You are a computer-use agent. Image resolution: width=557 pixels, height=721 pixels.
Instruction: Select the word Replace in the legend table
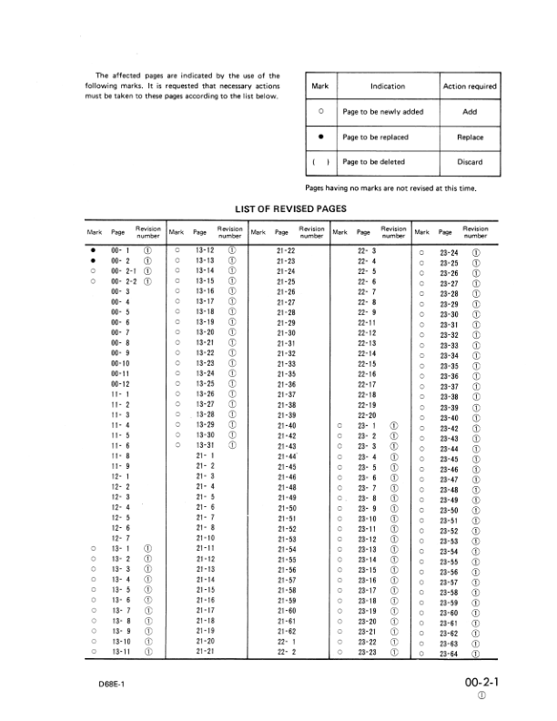(470, 137)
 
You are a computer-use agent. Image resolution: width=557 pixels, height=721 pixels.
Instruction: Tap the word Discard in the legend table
(470, 163)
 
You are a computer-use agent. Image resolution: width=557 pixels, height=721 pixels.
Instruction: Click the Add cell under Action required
(470, 111)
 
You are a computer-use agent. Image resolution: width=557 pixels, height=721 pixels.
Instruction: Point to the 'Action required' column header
(470, 86)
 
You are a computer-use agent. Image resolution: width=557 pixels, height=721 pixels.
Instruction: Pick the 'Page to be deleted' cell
(375, 163)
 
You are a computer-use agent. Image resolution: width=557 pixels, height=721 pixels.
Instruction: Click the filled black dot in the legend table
(320, 137)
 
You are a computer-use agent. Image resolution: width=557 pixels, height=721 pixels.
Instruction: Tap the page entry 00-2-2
(123, 281)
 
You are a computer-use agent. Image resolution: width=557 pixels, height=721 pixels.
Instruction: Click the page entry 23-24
(449, 252)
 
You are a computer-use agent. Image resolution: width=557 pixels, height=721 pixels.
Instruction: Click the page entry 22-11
(367, 322)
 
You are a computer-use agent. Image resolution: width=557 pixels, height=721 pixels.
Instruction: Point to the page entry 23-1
(367, 425)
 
